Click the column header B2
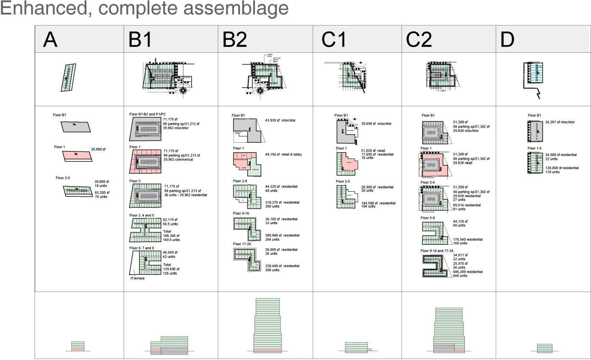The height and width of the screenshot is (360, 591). (x=235, y=40)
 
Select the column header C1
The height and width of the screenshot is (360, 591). (x=334, y=40)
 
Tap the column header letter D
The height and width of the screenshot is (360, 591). (x=507, y=40)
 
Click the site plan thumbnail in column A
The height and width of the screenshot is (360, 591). (x=68, y=77)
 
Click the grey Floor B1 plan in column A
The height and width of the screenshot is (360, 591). (x=76, y=126)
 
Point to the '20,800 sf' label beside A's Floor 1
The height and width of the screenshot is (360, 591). (x=98, y=150)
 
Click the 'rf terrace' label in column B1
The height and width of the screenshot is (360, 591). (x=137, y=278)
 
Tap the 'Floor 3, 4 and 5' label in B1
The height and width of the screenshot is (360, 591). (x=141, y=215)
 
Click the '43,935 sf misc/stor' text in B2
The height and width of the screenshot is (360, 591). (x=280, y=120)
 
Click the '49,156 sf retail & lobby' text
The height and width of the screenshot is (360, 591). (x=283, y=154)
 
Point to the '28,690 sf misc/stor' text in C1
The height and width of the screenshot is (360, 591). (x=376, y=124)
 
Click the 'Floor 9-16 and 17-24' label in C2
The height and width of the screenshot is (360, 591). (x=436, y=251)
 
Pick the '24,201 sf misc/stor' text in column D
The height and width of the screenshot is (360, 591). (x=560, y=122)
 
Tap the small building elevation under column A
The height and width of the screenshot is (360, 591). (x=78, y=346)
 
